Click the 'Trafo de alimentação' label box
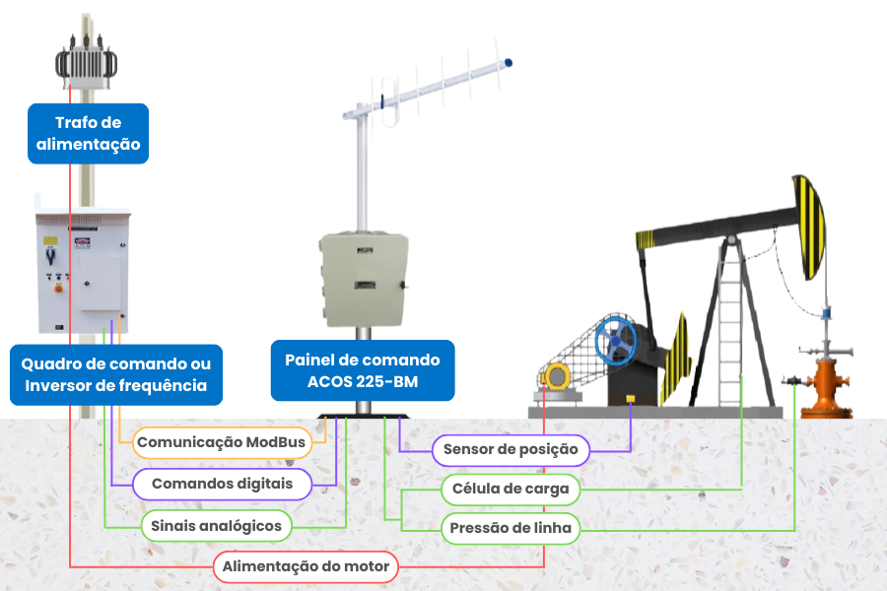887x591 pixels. point(89,134)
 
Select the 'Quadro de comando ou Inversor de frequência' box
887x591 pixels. point(116,374)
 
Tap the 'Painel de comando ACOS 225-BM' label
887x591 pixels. point(363,370)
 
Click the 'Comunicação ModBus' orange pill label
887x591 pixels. point(222,442)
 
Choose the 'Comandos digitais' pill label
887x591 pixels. point(222,484)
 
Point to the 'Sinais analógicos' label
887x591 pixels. point(216,526)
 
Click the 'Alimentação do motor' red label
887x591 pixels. point(306,566)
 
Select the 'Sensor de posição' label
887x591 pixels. point(511,450)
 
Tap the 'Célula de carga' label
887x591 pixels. point(511,489)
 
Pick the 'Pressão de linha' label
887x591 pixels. point(511,528)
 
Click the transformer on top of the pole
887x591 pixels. point(86,61)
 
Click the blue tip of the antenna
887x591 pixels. point(508,63)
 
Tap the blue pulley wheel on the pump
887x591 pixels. point(615,341)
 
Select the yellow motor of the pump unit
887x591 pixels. point(556,376)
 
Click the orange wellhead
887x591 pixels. point(829,387)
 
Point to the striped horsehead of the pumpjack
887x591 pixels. point(809,228)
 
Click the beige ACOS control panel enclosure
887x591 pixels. point(364,280)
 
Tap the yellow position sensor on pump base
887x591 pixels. point(630,399)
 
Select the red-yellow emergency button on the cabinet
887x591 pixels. point(58,288)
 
